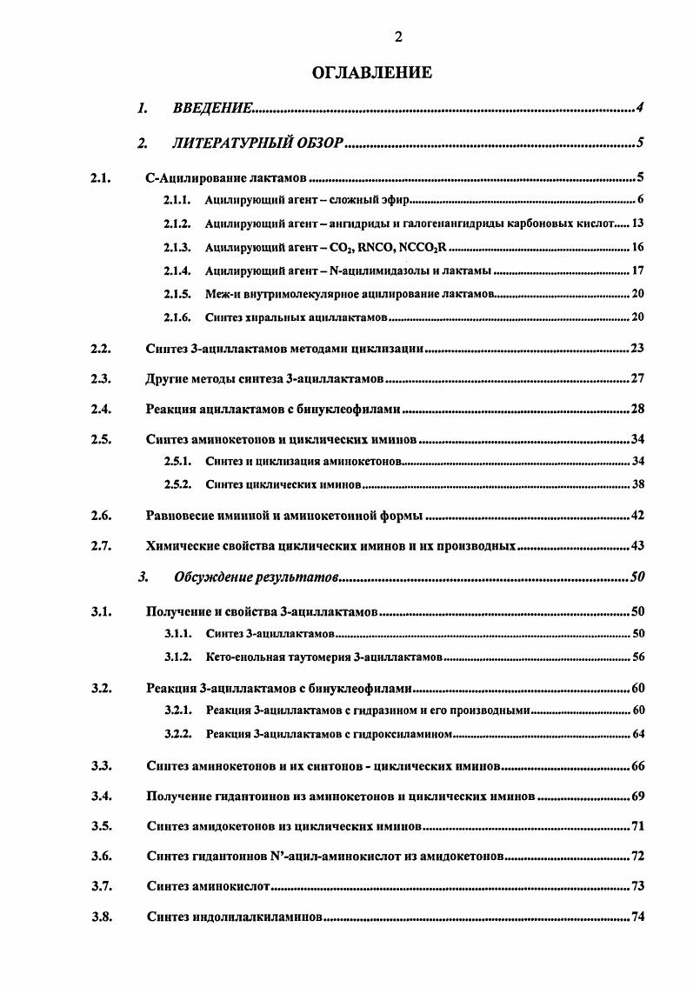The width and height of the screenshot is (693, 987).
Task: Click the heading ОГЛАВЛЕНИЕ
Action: [371, 73]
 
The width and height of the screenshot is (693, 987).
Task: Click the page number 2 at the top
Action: [398, 37]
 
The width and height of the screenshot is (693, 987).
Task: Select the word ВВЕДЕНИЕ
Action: [212, 108]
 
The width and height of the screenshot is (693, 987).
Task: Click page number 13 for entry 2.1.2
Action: [636, 223]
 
